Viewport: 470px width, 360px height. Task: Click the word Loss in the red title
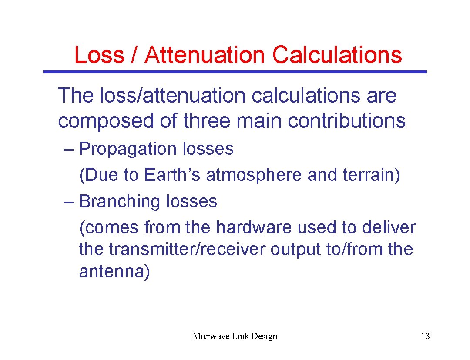(99, 55)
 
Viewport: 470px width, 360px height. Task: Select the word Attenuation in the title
(205, 55)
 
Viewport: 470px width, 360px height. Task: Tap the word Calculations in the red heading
(337, 55)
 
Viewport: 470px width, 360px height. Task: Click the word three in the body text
(206, 121)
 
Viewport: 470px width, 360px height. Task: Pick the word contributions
(346, 121)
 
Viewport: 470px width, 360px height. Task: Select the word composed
(105, 121)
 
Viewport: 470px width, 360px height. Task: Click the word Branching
(120, 202)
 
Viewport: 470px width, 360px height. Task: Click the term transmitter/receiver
(187, 250)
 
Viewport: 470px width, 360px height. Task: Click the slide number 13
(425, 336)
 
